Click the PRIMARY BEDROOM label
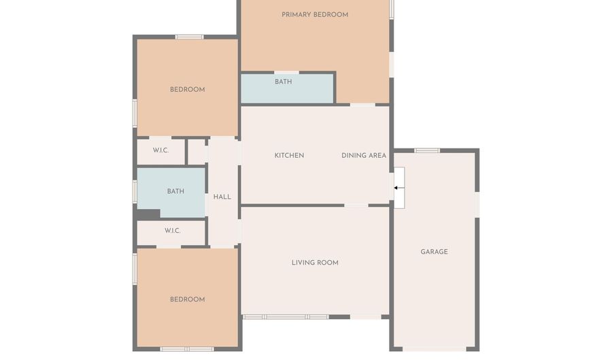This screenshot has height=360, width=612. tap(315, 15)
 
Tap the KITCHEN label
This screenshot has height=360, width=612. tap(289, 155)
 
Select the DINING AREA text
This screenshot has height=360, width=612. tap(364, 155)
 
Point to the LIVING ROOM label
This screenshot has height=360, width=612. tap(315, 263)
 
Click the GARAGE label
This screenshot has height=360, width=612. tap(434, 252)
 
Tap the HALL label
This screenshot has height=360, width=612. tap(222, 197)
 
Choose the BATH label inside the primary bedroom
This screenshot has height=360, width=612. tap(284, 82)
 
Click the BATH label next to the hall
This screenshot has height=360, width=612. tap(175, 191)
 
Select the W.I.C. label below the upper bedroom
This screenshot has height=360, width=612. tap(160, 150)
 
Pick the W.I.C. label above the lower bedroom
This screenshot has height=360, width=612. tap(173, 231)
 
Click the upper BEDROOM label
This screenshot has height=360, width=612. tap(188, 90)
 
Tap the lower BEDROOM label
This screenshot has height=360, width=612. tap(188, 299)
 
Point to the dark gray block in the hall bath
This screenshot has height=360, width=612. tap(148, 214)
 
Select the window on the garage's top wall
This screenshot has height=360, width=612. tap(427, 150)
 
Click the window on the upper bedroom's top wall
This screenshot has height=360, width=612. tap(189, 37)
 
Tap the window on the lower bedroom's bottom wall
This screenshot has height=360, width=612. tap(187, 349)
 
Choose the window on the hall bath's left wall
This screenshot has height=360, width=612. tap(135, 191)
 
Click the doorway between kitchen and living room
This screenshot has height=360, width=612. tap(356, 206)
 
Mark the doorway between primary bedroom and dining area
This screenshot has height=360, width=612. tap(362, 105)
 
